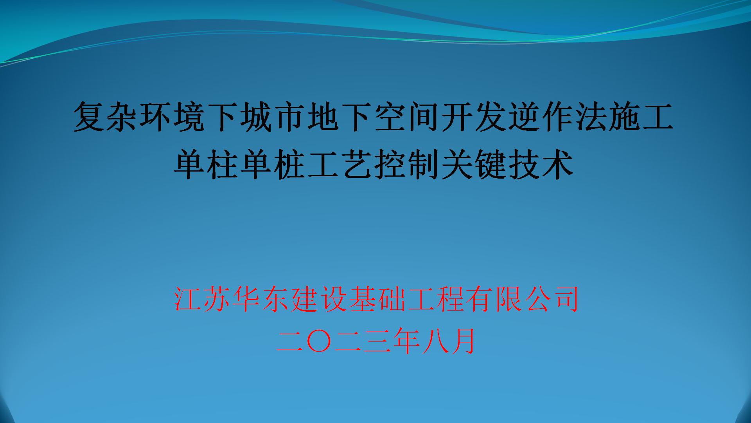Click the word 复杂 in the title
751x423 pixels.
tap(107, 116)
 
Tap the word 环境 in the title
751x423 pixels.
tap(173, 116)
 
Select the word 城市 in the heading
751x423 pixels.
tap(273, 116)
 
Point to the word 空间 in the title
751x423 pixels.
tap(406, 116)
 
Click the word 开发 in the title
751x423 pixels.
tap(473, 116)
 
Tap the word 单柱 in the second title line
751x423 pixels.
tap(207, 165)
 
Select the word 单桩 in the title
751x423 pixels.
tap(274, 165)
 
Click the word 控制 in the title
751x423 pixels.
tap(407, 165)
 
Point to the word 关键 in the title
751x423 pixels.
tap(473, 165)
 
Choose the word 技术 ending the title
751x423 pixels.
tap(540, 165)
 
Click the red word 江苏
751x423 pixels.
tap(203, 299)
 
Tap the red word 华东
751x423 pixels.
tap(261, 299)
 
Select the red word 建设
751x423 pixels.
tap(318, 299)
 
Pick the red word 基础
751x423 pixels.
tap(376, 299)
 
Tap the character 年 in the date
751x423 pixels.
tap(405, 341)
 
